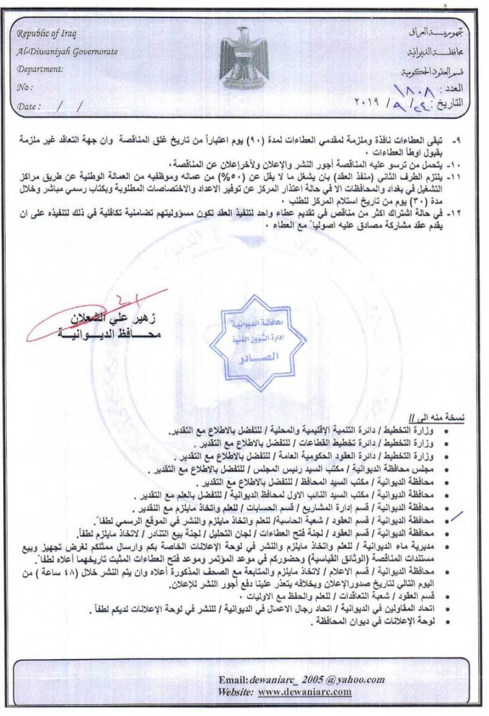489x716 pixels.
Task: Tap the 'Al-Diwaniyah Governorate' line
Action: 67,52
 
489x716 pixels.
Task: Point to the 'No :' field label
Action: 25,87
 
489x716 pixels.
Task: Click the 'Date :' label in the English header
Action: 29,106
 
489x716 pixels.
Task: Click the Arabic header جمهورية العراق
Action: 435,30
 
